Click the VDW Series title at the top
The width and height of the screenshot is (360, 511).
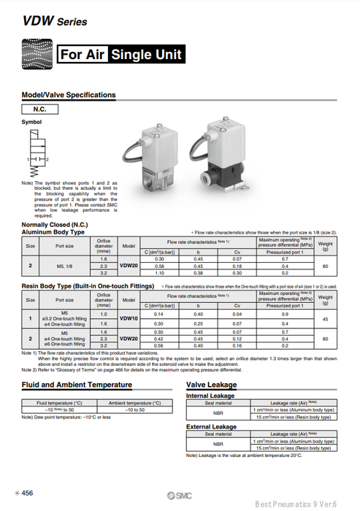pyautogui.click(x=45, y=23)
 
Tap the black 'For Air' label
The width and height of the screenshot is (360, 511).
pyautogui.click(x=83, y=55)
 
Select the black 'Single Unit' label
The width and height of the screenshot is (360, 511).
pyautogui.click(x=145, y=55)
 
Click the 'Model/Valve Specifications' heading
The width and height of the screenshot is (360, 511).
pyautogui.click(x=69, y=95)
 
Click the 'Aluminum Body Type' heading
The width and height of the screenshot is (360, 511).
pyautogui.click(x=53, y=232)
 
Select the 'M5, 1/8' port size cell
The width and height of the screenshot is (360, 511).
pyautogui.click(x=64, y=266)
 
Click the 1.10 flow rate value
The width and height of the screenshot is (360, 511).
pyautogui.click(x=160, y=272)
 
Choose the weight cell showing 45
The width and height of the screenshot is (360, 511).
pyautogui.click(x=325, y=318)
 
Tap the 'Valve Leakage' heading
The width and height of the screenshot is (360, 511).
pyautogui.click(x=211, y=384)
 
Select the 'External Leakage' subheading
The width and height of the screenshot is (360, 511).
pyautogui.click(x=212, y=426)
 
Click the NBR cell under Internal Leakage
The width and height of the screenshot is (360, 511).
pyautogui.click(x=218, y=412)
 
